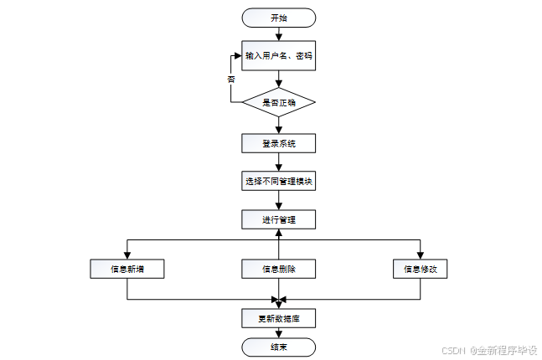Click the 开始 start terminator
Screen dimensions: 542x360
279,18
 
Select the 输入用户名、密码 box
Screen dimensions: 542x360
279,55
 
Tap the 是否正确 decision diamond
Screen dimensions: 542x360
279,102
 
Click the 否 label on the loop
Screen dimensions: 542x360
231,80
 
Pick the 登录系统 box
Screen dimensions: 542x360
279,143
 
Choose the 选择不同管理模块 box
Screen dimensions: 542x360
279,181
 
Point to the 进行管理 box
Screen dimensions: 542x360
279,219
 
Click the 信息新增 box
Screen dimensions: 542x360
127,269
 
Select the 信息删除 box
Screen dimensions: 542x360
279,269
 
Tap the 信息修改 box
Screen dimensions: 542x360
421,269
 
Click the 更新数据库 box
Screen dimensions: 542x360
279,318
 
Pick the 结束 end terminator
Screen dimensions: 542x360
279,347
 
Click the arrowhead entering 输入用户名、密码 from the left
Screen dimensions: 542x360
238,55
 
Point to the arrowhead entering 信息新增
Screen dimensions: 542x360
127,255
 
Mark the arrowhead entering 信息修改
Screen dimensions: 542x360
421,255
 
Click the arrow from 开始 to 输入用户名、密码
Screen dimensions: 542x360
279,34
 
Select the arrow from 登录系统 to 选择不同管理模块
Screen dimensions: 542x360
279,162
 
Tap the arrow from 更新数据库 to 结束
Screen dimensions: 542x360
279,332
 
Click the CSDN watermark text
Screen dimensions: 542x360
453,351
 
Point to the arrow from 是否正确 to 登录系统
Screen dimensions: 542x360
279,126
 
